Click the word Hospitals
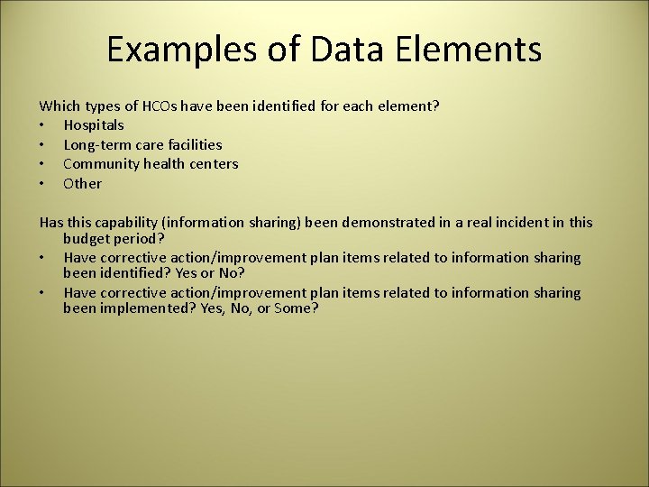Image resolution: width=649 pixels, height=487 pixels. click(94, 125)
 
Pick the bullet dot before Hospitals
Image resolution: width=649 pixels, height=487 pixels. click(42, 125)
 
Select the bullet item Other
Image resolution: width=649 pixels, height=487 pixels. click(82, 184)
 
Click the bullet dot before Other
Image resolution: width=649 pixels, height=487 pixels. click(42, 184)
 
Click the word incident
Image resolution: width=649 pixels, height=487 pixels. click(521, 223)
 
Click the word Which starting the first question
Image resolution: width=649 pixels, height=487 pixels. click(59, 106)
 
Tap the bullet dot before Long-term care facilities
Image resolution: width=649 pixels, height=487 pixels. click(42, 144)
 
